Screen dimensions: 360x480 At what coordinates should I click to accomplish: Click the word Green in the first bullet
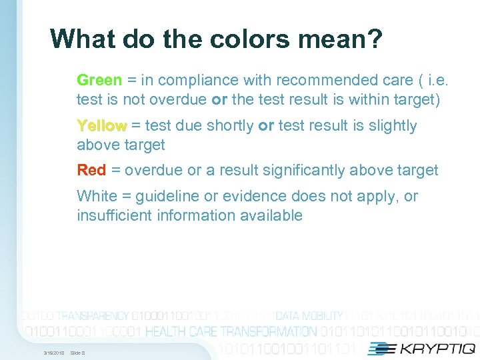(x=99, y=81)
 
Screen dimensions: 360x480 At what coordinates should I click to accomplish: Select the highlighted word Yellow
(x=101, y=126)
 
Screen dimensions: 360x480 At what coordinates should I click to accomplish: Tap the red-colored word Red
(x=91, y=171)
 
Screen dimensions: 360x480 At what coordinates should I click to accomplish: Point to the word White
(x=96, y=196)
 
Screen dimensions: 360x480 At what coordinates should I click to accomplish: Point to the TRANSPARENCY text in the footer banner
(x=93, y=316)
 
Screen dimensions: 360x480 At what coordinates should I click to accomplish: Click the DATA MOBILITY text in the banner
(x=309, y=316)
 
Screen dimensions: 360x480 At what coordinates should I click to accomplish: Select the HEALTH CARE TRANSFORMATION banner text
(x=231, y=331)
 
